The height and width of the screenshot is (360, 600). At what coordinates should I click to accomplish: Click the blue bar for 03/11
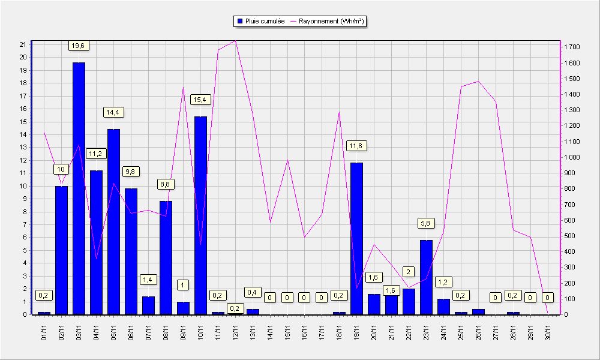(x=79, y=188)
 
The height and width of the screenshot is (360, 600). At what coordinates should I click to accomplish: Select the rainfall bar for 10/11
(x=200, y=216)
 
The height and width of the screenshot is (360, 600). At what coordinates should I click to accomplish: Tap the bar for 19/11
(x=356, y=239)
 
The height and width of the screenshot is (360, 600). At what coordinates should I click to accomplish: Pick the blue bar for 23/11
(x=426, y=277)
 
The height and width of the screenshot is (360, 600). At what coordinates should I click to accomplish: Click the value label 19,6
(x=78, y=46)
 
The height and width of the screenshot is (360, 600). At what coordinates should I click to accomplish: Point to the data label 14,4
(x=113, y=112)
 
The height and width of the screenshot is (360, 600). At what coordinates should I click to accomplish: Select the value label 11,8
(x=356, y=146)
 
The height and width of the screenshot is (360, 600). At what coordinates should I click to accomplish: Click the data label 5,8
(x=425, y=223)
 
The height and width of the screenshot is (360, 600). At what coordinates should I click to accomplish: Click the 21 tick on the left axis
(x=23, y=44)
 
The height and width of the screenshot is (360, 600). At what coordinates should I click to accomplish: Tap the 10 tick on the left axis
(x=23, y=186)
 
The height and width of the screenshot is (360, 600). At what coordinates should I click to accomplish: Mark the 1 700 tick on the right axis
(x=572, y=47)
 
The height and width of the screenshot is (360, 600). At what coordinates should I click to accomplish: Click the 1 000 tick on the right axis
(x=572, y=157)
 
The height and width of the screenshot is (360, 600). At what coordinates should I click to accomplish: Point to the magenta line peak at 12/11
(x=235, y=41)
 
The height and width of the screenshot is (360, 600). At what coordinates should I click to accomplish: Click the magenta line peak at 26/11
(x=478, y=81)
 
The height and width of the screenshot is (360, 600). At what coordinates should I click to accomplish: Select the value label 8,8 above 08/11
(x=166, y=184)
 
